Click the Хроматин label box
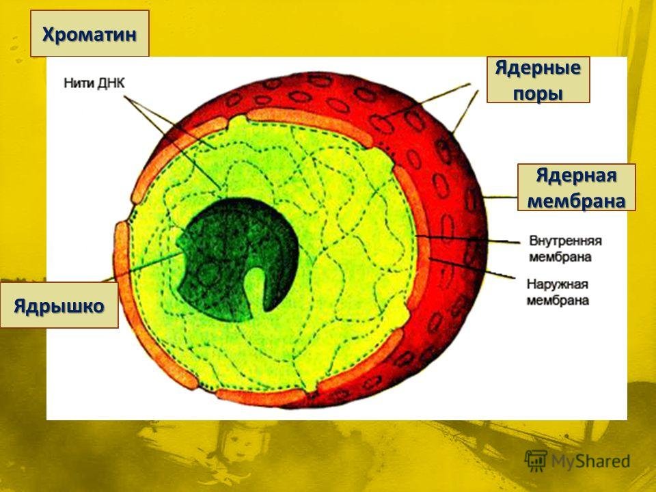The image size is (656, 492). pyautogui.click(x=90, y=33)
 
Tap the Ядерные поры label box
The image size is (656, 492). pyautogui.click(x=538, y=79)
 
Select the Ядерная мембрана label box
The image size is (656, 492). pyautogui.click(x=577, y=187)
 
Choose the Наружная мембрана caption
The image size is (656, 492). pyautogui.click(x=558, y=291)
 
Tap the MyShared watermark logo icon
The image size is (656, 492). pyautogui.click(x=535, y=462)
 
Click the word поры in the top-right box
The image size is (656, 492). pyautogui.click(x=538, y=92)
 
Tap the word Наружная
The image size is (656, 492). pyautogui.click(x=558, y=284)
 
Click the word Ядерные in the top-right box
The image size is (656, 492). pyautogui.click(x=538, y=68)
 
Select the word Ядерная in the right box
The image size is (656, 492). pyautogui.click(x=577, y=175)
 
